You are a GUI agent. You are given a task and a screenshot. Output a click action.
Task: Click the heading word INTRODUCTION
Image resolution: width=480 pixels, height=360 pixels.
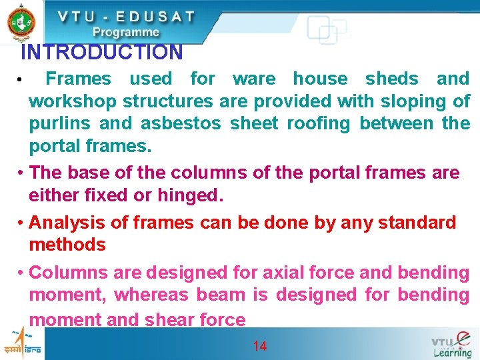[x=101, y=52]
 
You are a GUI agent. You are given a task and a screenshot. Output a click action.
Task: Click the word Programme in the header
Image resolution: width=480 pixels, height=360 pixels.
[x=126, y=33]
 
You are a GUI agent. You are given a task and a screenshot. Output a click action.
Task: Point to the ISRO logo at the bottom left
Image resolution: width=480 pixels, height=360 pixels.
[x=21, y=343]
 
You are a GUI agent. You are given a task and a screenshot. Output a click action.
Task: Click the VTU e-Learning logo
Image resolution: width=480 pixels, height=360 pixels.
[x=451, y=344]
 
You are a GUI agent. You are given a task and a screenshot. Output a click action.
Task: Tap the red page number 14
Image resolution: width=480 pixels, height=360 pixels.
[x=260, y=346]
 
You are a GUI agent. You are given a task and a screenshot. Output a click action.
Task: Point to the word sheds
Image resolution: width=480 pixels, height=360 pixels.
[x=391, y=79]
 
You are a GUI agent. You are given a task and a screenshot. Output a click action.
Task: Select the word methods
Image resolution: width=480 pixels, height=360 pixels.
[x=67, y=245]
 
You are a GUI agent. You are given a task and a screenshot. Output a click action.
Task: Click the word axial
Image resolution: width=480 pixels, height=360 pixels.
[x=284, y=272]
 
